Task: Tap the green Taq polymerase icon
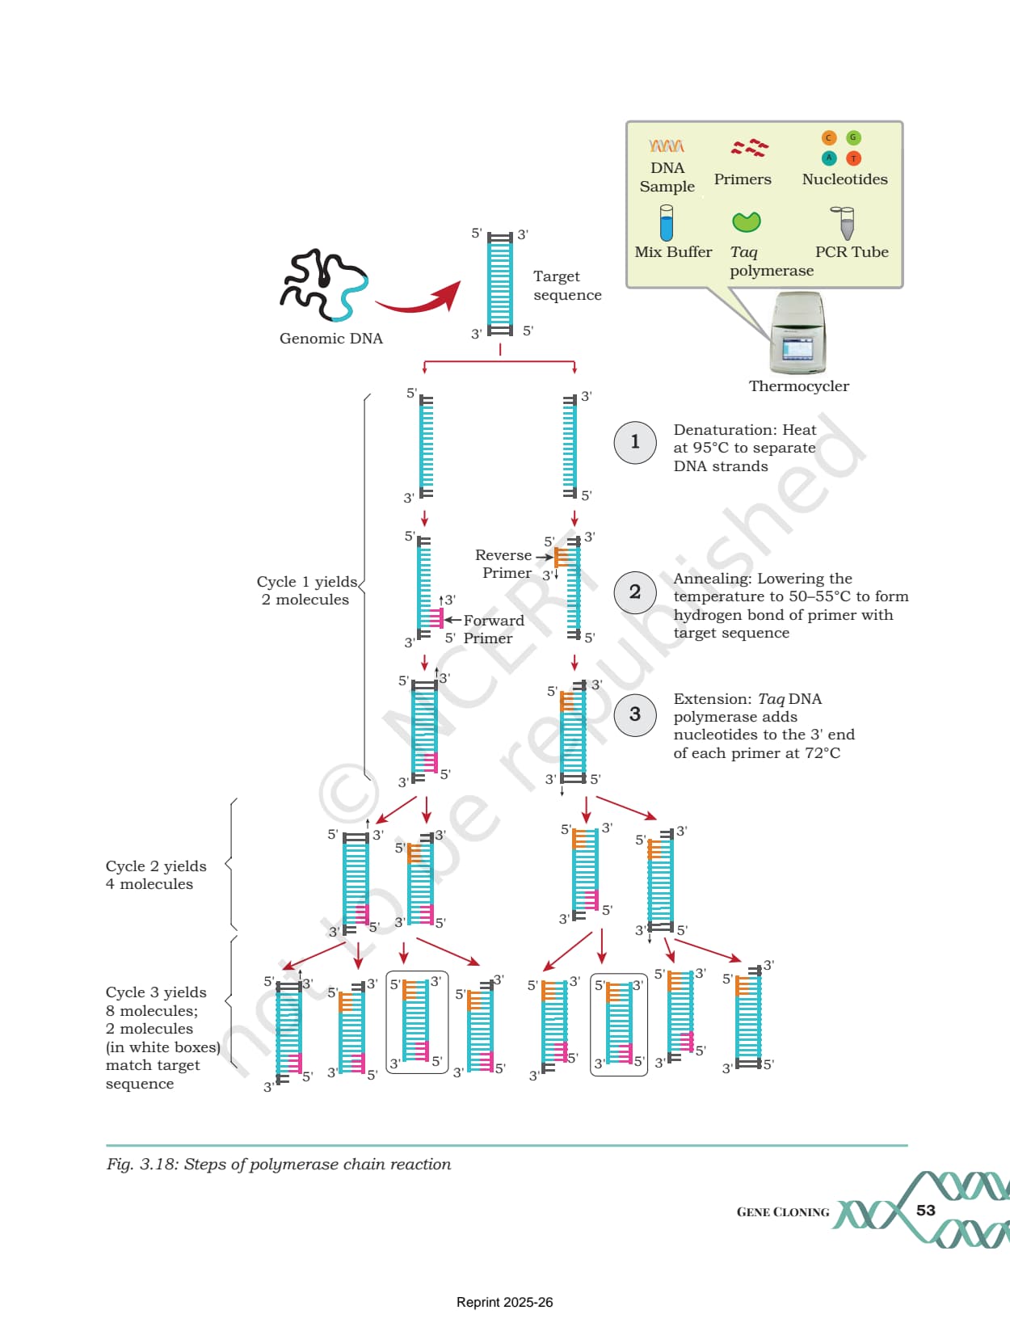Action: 746,222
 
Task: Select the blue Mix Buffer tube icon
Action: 667,222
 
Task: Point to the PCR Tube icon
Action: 844,222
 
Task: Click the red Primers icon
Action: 749,147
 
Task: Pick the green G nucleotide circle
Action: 853,137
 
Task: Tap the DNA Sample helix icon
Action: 667,145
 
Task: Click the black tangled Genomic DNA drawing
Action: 323,285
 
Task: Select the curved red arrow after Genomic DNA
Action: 419,297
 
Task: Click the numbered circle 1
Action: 635,442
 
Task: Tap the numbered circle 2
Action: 635,592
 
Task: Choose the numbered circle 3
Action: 635,714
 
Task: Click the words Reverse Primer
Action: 503,564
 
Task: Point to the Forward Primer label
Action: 494,630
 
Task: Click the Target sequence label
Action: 567,285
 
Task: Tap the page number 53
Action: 925,1210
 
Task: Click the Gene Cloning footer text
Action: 783,1211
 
